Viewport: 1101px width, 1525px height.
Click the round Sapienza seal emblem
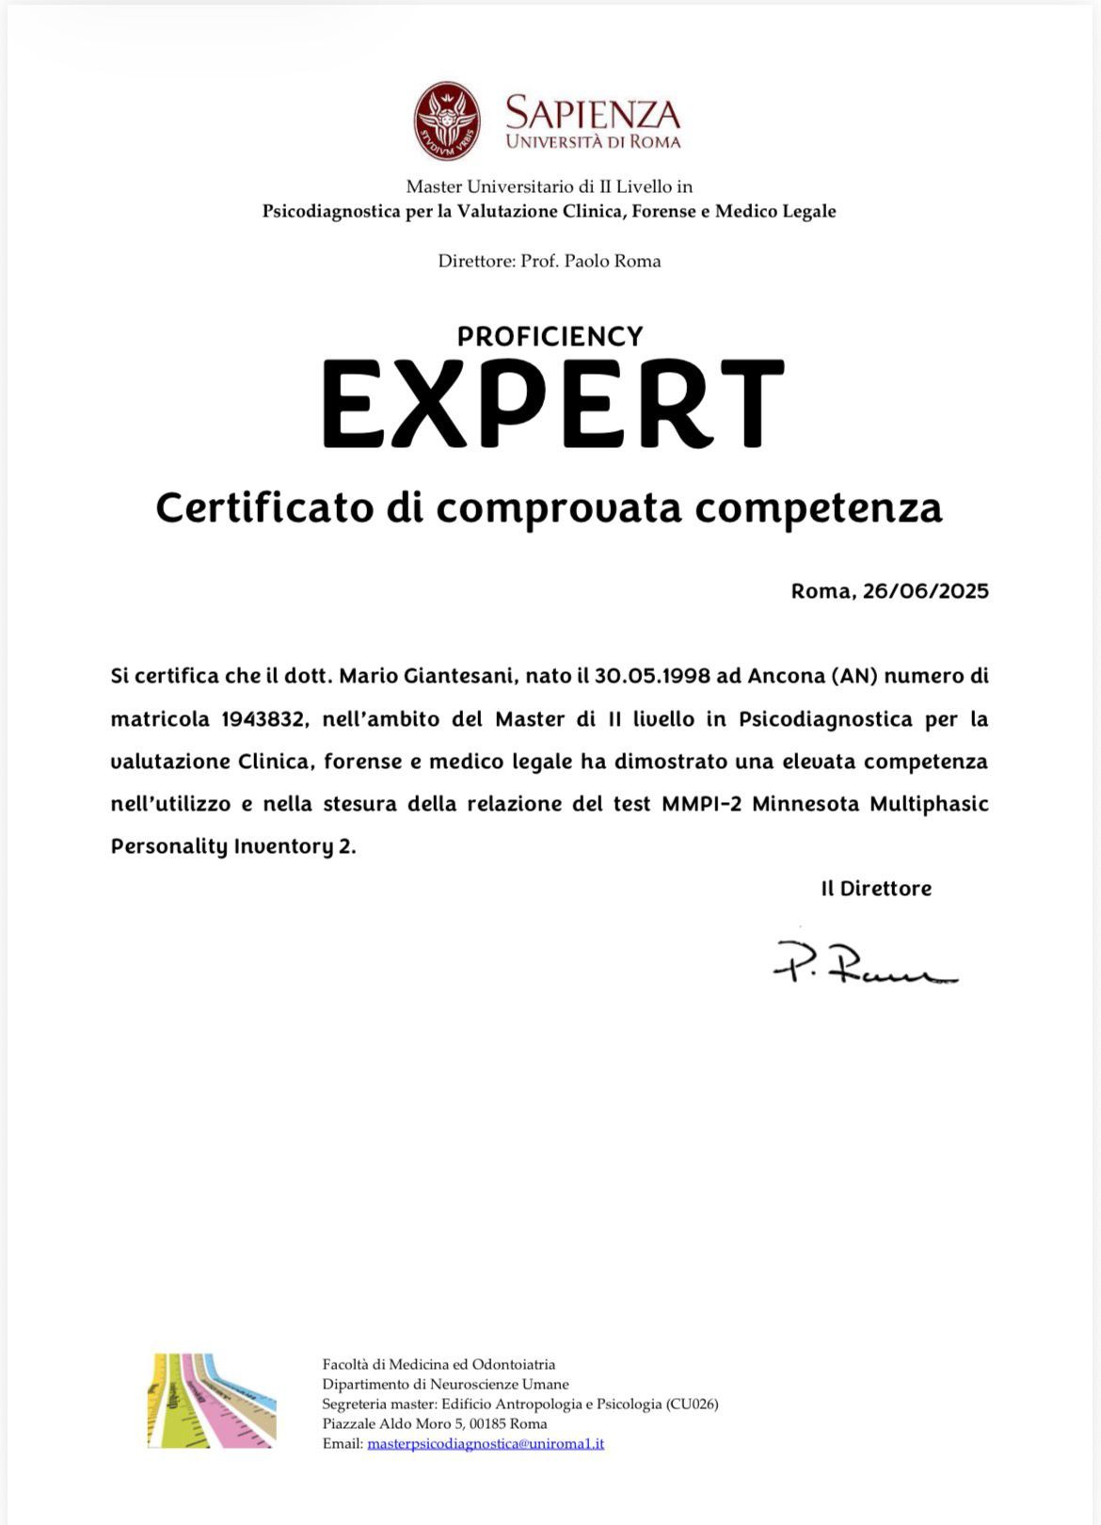pyautogui.click(x=447, y=121)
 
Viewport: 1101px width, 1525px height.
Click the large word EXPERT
pyautogui.click(x=552, y=406)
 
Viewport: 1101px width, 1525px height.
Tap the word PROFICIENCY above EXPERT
pyautogui.click(x=550, y=336)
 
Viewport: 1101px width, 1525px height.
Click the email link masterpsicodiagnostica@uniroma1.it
pyautogui.click(x=486, y=1443)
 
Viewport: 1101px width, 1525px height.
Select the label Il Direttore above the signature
pyautogui.click(x=876, y=889)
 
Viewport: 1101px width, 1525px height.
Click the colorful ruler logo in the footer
pyautogui.click(x=212, y=1401)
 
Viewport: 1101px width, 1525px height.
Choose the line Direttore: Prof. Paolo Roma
pyautogui.click(x=550, y=261)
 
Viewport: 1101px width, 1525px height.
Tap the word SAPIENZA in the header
pyautogui.click(x=592, y=113)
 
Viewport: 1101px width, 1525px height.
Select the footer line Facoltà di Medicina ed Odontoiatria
pyautogui.click(x=439, y=1364)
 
